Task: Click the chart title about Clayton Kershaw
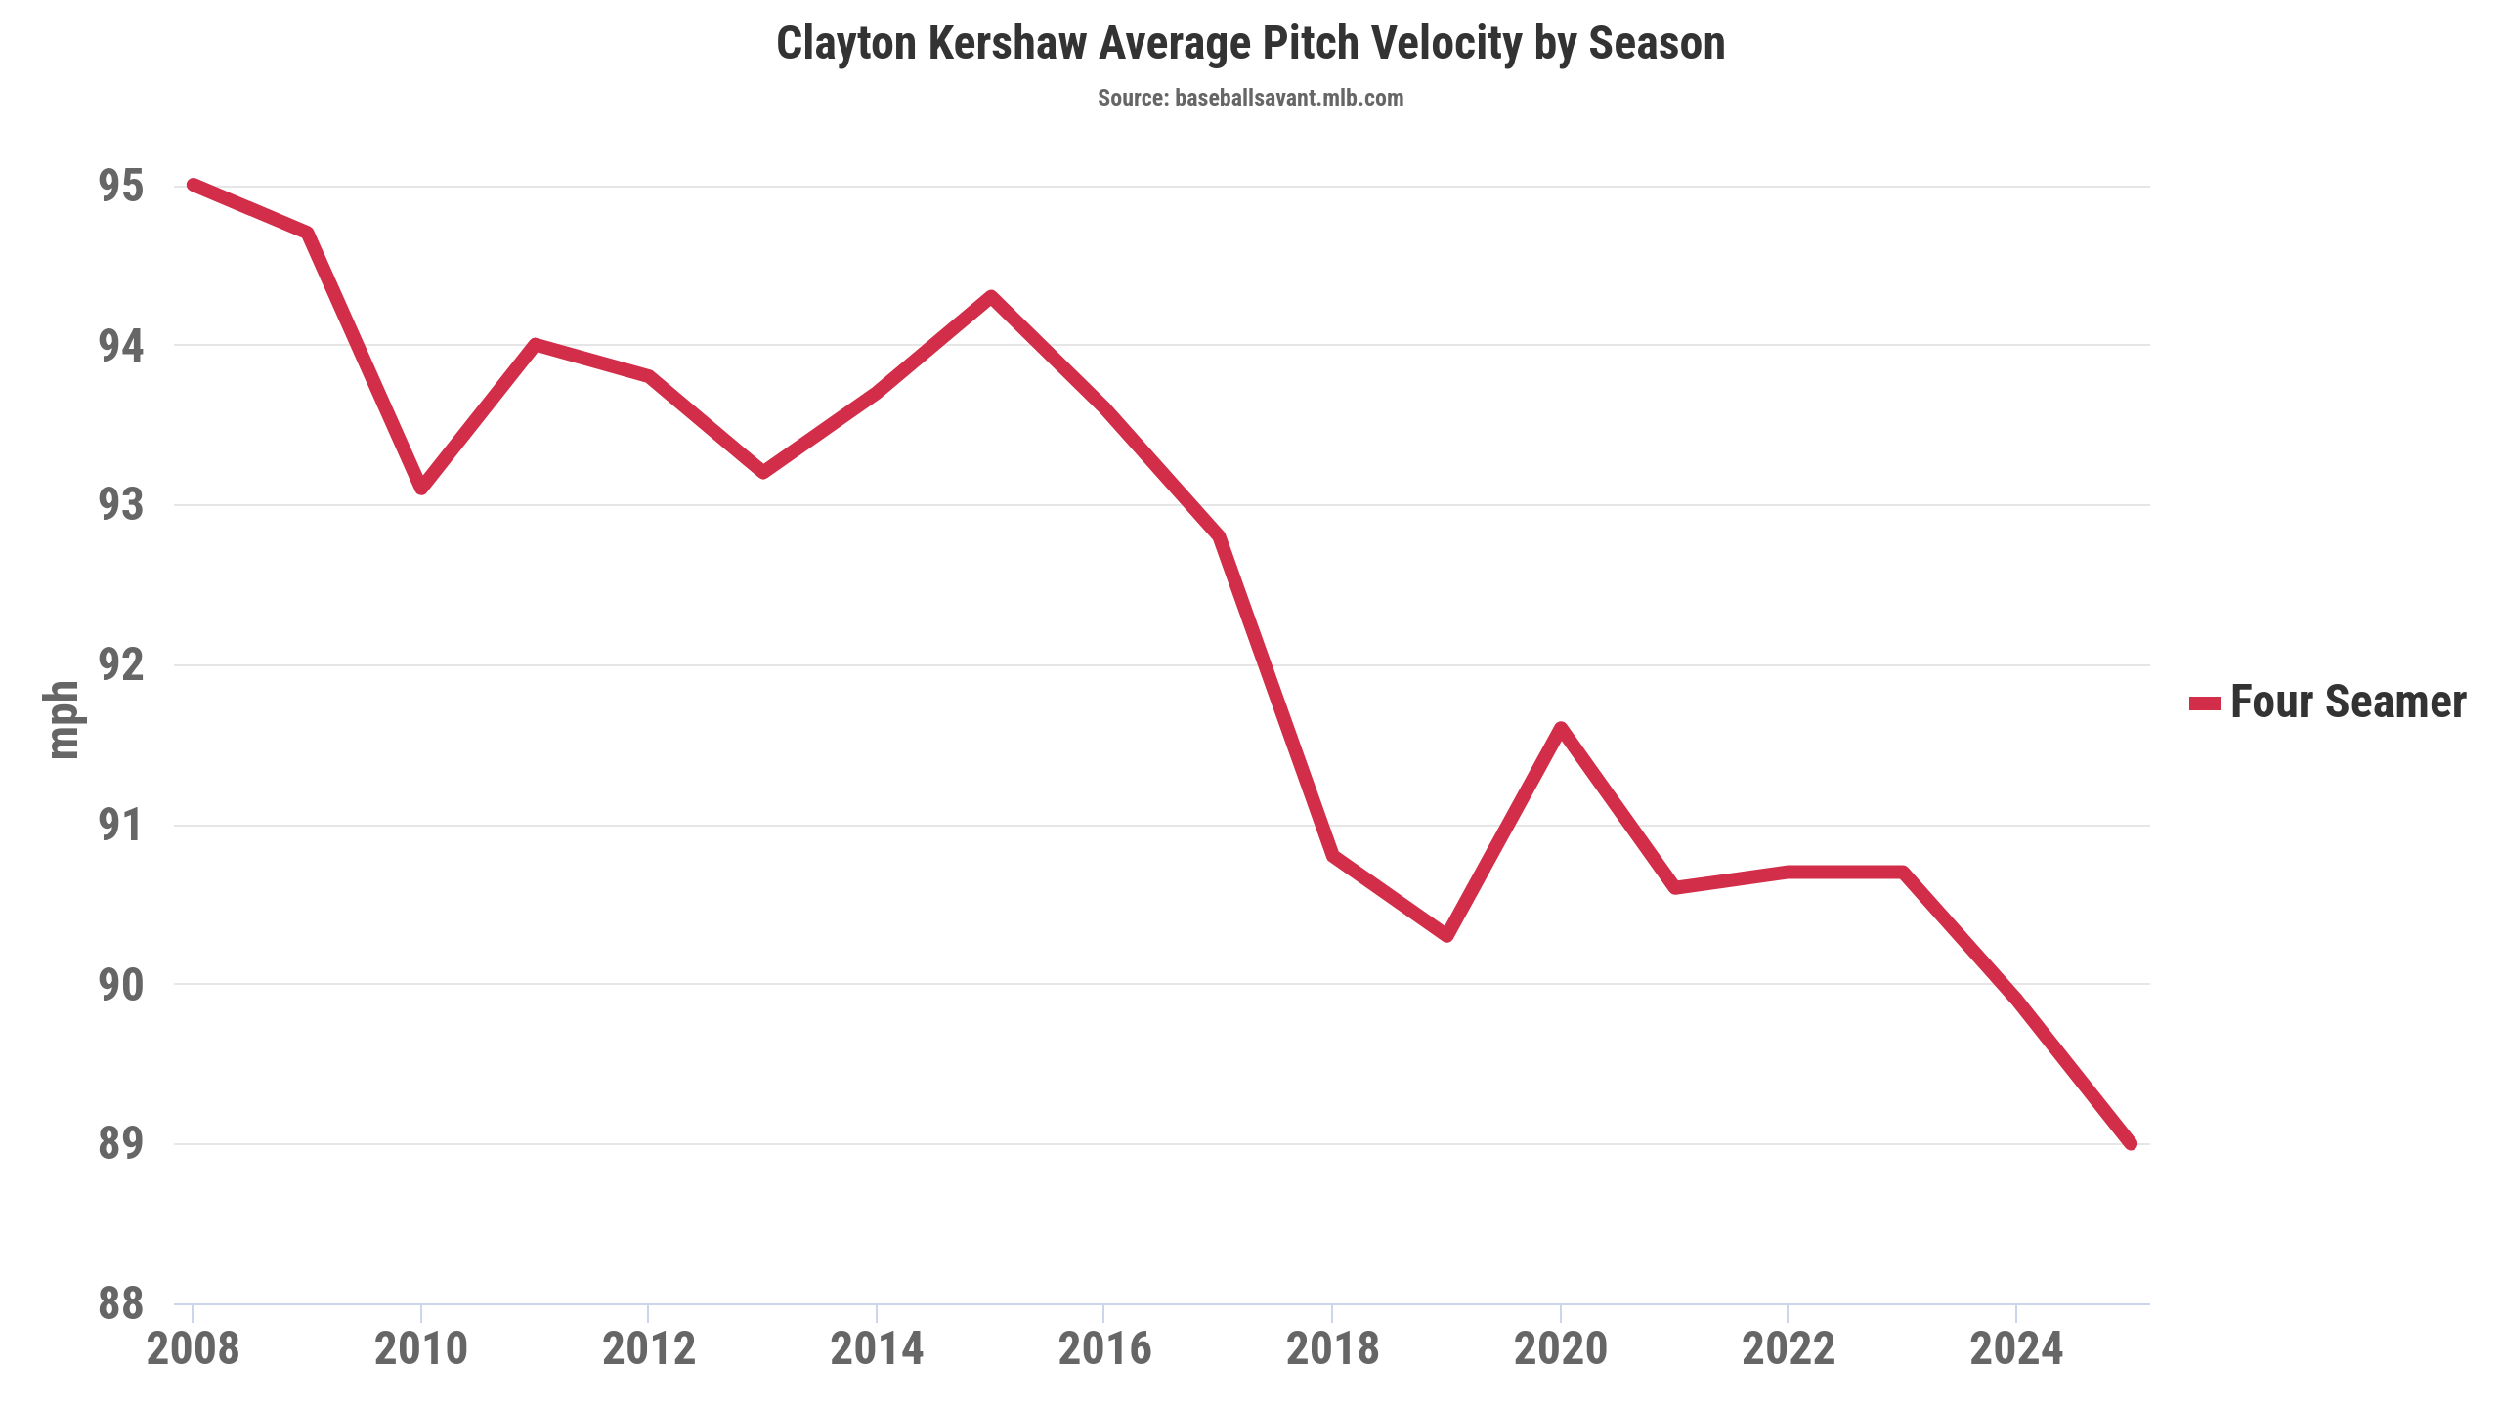coord(1250,44)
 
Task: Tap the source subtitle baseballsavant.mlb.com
coord(1250,98)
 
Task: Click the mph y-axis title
coord(63,720)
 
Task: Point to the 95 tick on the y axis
coord(121,186)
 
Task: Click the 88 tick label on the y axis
coord(121,1303)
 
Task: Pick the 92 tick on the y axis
coord(121,665)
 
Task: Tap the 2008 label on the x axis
coord(194,1349)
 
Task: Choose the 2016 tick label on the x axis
coord(1104,1349)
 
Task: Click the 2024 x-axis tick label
coord(2016,1349)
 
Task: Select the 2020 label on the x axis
coord(1561,1349)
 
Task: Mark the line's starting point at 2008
coord(194,185)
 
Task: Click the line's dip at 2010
coord(421,488)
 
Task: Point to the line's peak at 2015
coord(991,297)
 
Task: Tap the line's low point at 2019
coord(1447,935)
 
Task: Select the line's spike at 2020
coord(1561,728)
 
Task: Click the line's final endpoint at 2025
coord(2131,1143)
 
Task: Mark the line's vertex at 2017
coord(1219,536)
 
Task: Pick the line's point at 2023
coord(1903,872)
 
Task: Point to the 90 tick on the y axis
coord(121,985)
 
